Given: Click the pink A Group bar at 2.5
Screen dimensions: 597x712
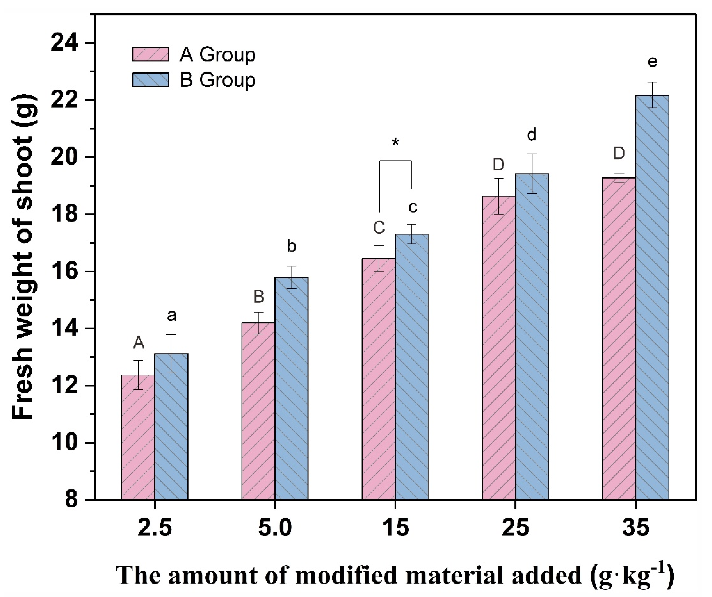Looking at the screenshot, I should pyautogui.click(x=138, y=438).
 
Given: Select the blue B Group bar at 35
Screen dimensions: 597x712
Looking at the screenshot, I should pyautogui.click(x=652, y=298).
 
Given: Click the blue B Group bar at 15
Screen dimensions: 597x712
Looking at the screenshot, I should pyautogui.click(x=412, y=366).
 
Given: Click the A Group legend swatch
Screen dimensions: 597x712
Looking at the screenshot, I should pyautogui.click(x=151, y=54).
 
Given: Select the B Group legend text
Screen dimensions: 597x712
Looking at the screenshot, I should pyautogui.click(x=217, y=80).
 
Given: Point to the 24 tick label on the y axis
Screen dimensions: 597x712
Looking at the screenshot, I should pyautogui.click(x=64, y=43).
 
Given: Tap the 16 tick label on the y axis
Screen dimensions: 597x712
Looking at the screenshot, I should pyautogui.click(x=64, y=272).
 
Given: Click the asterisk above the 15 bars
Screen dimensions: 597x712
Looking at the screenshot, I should pyautogui.click(x=395, y=142).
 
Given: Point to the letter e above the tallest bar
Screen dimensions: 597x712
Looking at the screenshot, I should pyautogui.click(x=652, y=62).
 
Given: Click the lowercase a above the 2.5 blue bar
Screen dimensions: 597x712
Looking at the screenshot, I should pyautogui.click(x=172, y=316).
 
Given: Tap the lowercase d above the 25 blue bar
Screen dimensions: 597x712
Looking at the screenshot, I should pyautogui.click(x=532, y=135).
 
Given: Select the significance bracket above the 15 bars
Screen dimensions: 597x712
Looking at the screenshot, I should pyautogui.click(x=395, y=161).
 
